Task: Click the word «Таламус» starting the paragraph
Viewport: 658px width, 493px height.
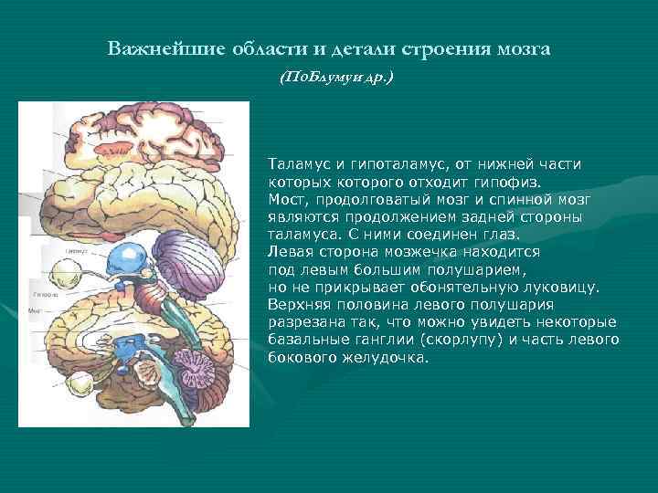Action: pyautogui.click(x=297, y=163)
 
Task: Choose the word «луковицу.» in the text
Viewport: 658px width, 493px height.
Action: pyautogui.click(x=557, y=287)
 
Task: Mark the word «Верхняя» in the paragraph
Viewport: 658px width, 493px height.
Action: pyautogui.click(x=298, y=304)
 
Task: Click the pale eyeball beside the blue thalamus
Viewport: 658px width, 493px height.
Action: pyautogui.click(x=67, y=270)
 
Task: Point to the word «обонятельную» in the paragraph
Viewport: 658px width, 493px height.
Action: pyautogui.click(x=440, y=287)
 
